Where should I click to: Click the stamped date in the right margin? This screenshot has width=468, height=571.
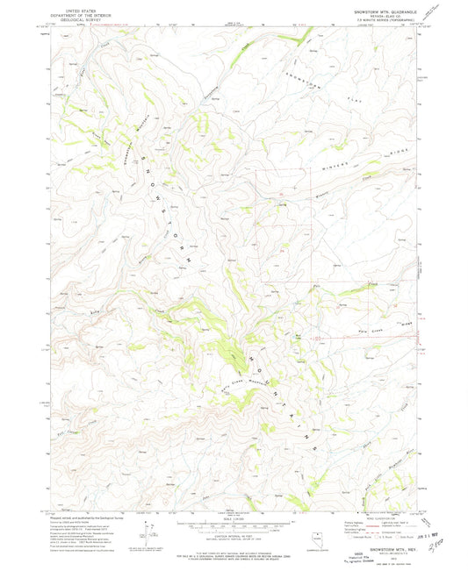(443, 530)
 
